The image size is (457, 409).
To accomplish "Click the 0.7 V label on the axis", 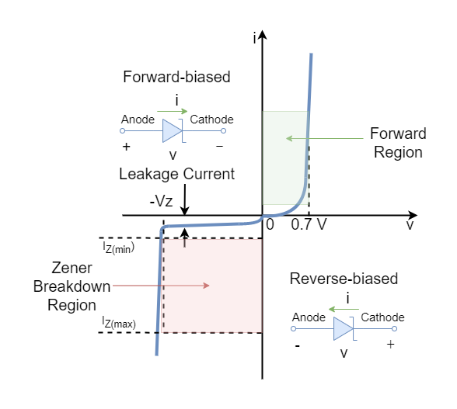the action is tap(309, 224).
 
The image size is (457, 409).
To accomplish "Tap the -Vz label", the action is tap(161, 201).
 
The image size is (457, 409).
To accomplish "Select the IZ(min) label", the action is tap(119, 248).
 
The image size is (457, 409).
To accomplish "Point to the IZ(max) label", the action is tap(119, 323).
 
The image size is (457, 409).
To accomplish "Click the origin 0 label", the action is tap(270, 224).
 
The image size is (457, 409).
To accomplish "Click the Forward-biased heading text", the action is tap(176, 77).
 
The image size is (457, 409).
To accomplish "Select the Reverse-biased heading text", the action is tap(344, 279).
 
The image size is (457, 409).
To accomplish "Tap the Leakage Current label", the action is tap(176, 174).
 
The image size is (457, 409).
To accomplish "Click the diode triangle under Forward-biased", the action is tap(172, 130).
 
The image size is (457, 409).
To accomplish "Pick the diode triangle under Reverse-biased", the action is tap(343, 328).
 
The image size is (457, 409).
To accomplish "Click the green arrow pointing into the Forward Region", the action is tap(325, 138).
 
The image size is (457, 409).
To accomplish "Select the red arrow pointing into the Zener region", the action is tap(161, 286).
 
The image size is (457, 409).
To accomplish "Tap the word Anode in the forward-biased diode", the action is tap(138, 120).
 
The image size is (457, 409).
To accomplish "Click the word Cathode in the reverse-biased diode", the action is tap(382, 317).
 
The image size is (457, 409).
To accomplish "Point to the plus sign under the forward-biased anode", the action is tap(126, 147).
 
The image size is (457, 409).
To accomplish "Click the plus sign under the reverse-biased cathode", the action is tap(390, 345).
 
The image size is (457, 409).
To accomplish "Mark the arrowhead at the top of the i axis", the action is tap(263, 34).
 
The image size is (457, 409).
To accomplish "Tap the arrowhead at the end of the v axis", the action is tap(413, 216).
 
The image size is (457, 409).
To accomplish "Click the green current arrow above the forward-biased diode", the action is tap(173, 111).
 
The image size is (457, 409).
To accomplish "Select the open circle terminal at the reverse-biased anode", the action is tap(294, 328).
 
